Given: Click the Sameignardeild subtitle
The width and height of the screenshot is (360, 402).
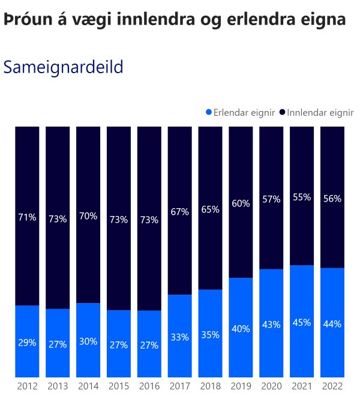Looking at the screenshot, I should pos(63,67).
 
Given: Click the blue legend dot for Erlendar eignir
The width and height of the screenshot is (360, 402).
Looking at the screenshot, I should pos(209,112).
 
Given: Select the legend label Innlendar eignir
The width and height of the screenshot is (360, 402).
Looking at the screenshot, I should pos(320,112).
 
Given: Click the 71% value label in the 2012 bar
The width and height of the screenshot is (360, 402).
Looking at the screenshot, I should pos(26,217).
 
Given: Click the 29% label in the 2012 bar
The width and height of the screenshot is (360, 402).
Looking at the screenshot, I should pos(26,343).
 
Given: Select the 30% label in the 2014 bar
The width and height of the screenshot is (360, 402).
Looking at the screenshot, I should pos(88,341).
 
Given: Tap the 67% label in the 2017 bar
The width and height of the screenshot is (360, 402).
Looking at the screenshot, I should pos(179,211).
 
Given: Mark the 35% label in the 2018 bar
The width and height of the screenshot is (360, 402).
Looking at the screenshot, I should pos(210,335).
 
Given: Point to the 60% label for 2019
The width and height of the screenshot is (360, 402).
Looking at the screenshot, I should pos(241,203).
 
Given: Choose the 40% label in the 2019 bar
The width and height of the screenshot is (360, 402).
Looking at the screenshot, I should pos(241,328).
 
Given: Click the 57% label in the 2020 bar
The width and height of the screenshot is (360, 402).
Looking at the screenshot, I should pos(271,199).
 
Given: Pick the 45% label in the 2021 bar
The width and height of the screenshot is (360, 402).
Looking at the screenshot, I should pos(302,322).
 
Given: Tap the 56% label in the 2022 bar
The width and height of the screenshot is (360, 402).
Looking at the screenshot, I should pos(332,199).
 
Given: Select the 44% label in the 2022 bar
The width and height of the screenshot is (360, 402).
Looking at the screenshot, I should pos(332,324).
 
